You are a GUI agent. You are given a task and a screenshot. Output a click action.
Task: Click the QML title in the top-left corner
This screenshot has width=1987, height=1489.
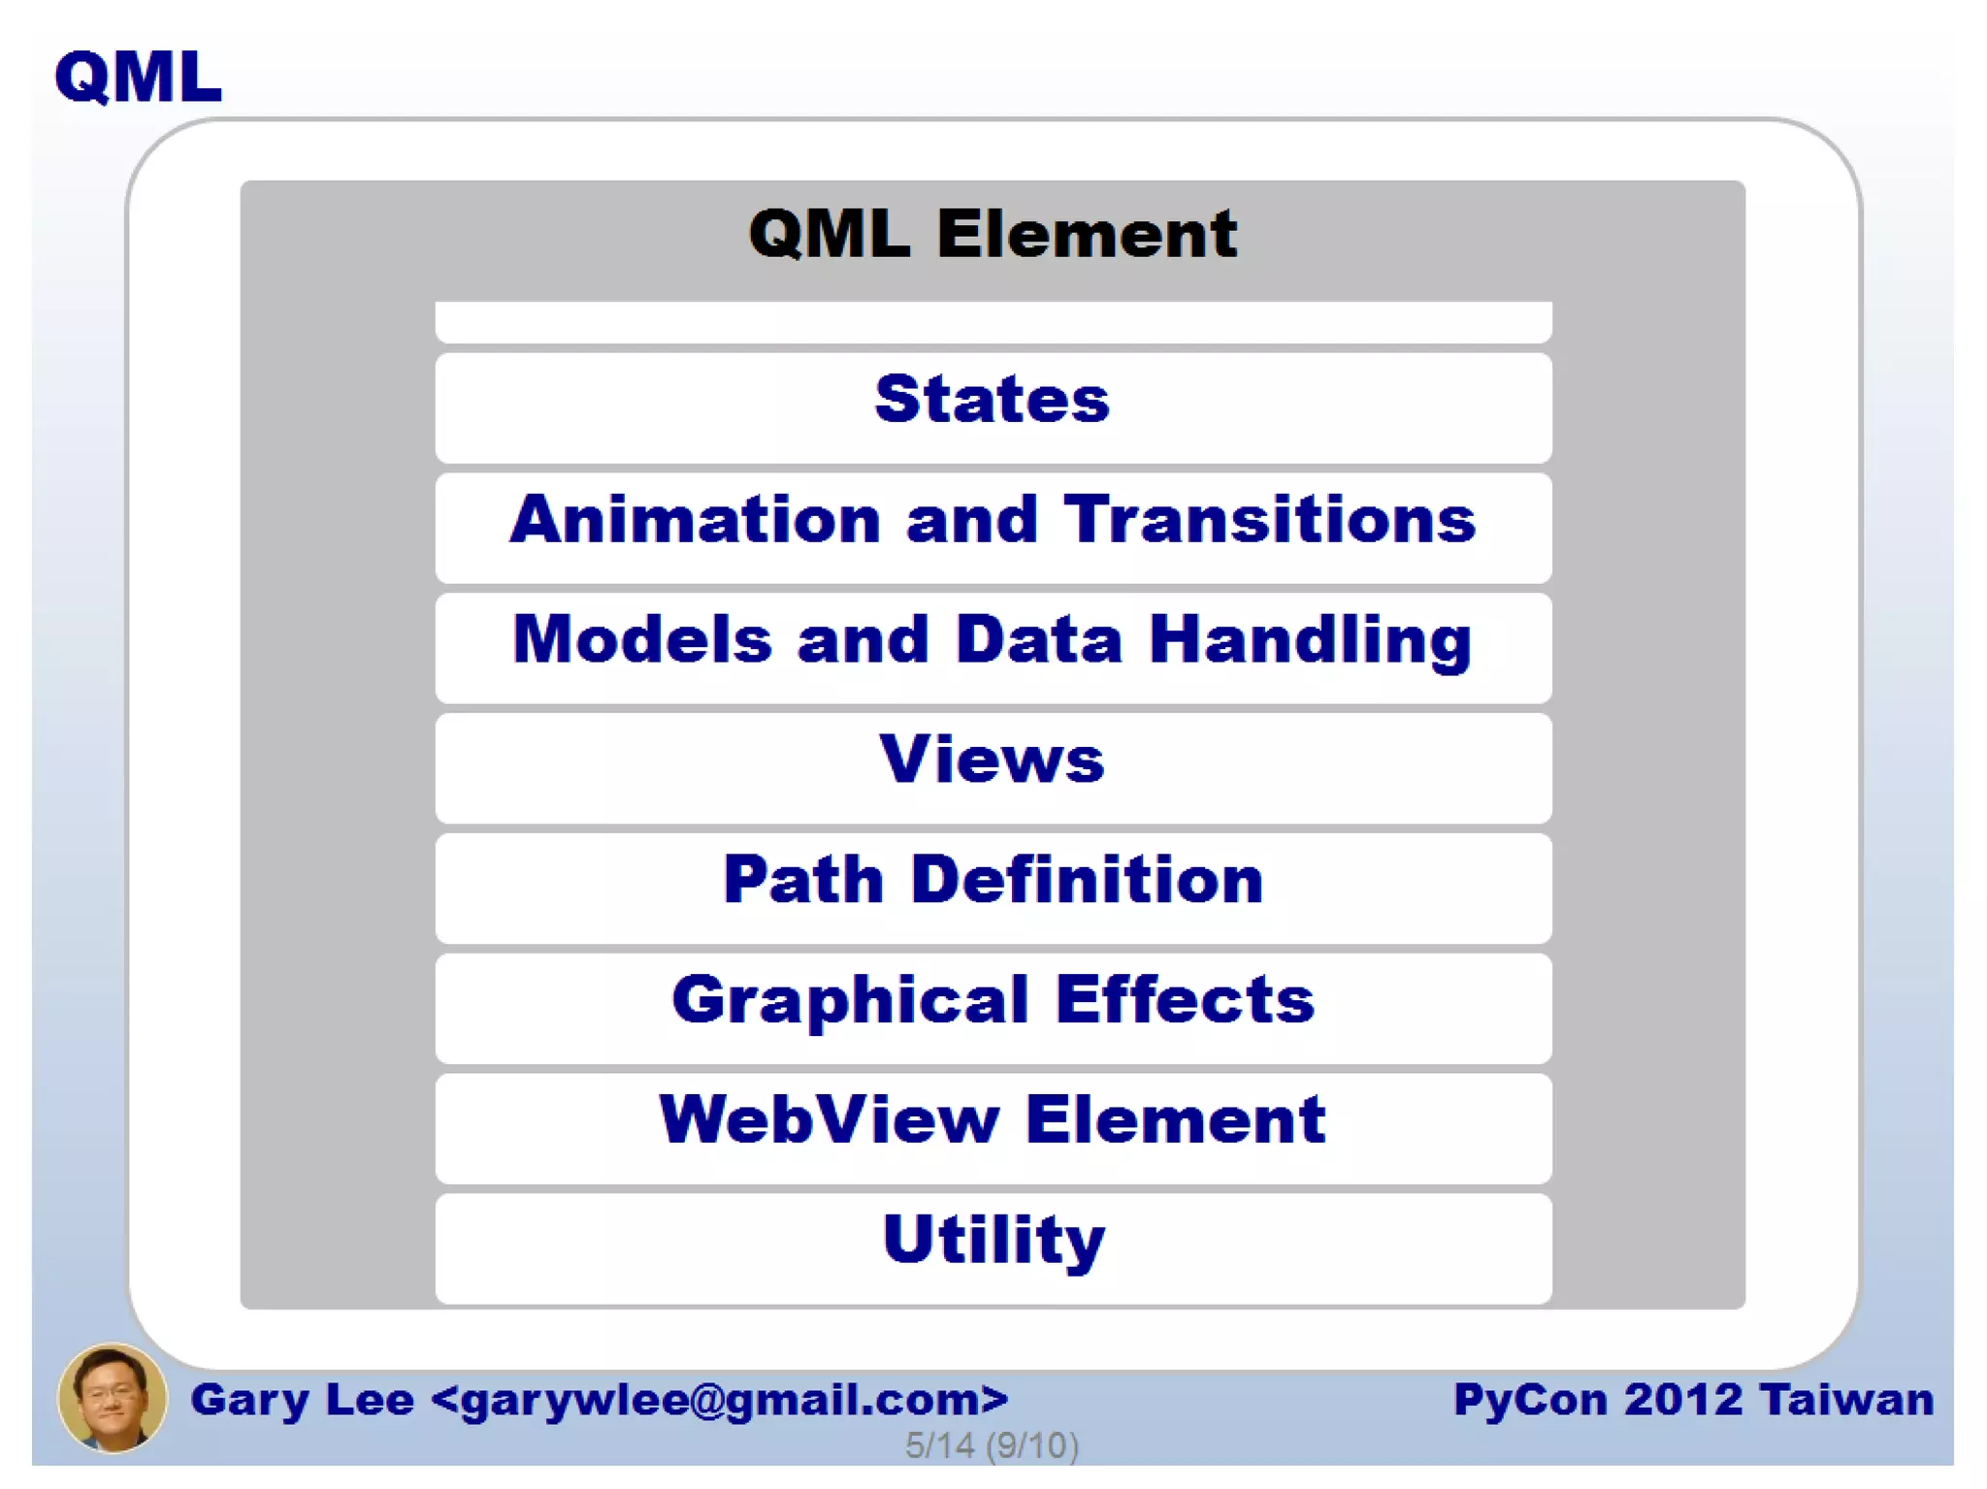[138, 78]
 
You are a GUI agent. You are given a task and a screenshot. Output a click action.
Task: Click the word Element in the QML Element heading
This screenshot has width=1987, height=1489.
[1087, 235]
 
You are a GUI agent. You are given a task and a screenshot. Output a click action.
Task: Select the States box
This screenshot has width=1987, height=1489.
[993, 407]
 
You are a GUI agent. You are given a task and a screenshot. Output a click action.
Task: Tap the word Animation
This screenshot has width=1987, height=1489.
[695, 520]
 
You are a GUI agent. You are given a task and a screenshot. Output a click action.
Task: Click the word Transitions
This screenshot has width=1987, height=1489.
[1270, 520]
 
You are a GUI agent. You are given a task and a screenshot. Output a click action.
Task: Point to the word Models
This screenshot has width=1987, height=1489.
[642, 640]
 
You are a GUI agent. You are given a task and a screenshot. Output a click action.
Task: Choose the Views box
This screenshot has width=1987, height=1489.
[993, 767]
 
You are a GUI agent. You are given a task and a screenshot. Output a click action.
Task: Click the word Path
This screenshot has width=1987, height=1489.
[803, 880]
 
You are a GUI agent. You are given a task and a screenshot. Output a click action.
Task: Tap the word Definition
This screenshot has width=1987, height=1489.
[1087, 880]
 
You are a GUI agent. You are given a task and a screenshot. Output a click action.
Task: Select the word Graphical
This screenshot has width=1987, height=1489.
[849, 1001]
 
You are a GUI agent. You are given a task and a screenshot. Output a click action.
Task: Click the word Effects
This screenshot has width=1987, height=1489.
[1185, 1000]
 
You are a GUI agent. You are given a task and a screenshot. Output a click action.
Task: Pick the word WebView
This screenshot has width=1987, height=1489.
[829, 1120]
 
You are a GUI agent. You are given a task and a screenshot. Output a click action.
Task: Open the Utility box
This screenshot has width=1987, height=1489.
[993, 1247]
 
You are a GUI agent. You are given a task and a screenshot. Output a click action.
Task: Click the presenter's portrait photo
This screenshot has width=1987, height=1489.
[113, 1398]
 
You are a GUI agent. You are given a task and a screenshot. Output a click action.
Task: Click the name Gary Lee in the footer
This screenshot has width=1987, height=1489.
[302, 1400]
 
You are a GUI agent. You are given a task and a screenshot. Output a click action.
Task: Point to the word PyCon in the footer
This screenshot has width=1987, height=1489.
[1530, 1400]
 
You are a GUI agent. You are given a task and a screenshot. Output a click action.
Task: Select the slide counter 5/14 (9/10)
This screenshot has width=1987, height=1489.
[992, 1445]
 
